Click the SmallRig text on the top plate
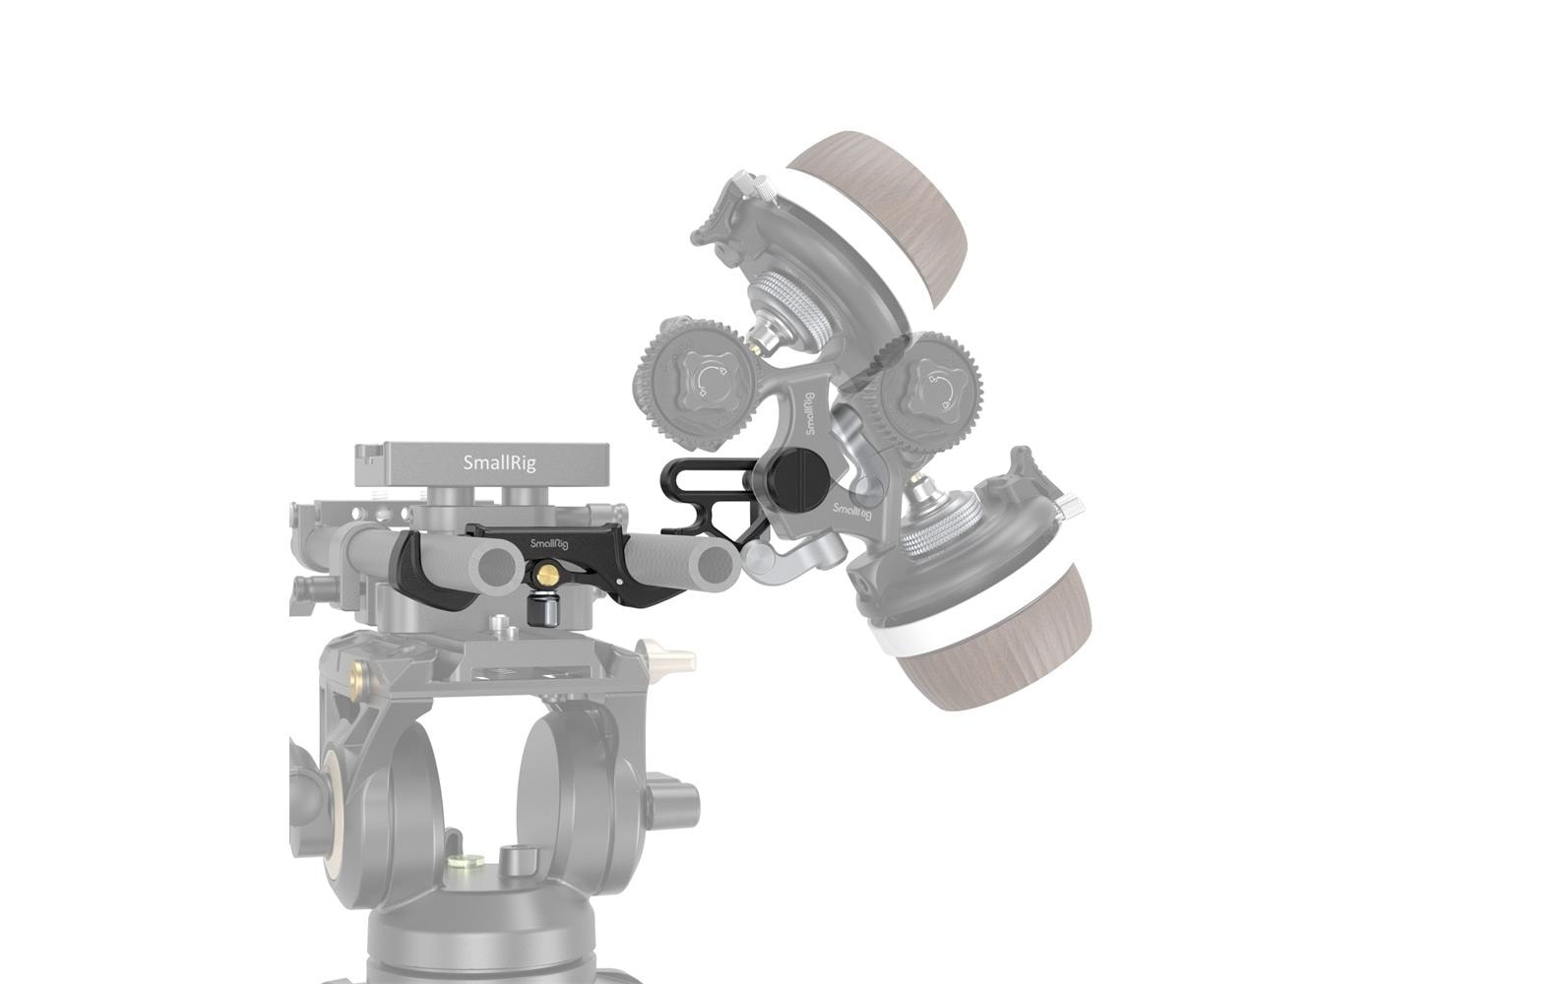[x=500, y=462]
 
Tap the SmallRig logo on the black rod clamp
[x=548, y=543]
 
